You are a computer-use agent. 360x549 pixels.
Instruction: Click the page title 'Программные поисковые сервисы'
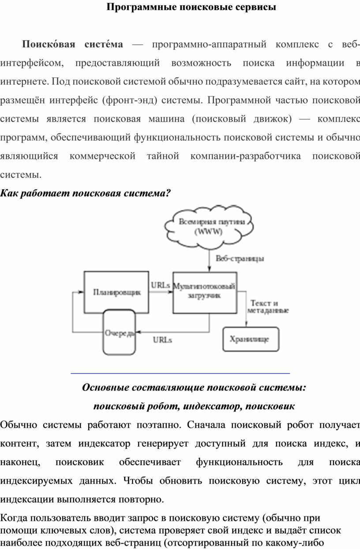(191, 7)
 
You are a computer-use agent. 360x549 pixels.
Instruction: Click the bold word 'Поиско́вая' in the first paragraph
(49, 45)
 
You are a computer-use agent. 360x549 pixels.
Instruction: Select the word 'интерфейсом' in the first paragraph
(32, 63)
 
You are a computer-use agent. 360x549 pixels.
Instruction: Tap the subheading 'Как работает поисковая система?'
(85, 194)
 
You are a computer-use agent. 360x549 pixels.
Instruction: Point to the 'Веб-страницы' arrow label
(240, 258)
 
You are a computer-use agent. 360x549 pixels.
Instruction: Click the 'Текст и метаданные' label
(268, 307)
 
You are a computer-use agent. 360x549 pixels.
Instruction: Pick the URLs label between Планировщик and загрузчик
(161, 285)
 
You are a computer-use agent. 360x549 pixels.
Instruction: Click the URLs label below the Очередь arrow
(162, 340)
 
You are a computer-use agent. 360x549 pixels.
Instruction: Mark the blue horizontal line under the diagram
(180, 373)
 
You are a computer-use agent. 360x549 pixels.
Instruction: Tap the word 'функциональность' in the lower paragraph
(239, 462)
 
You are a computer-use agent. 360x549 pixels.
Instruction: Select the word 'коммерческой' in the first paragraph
(102, 156)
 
